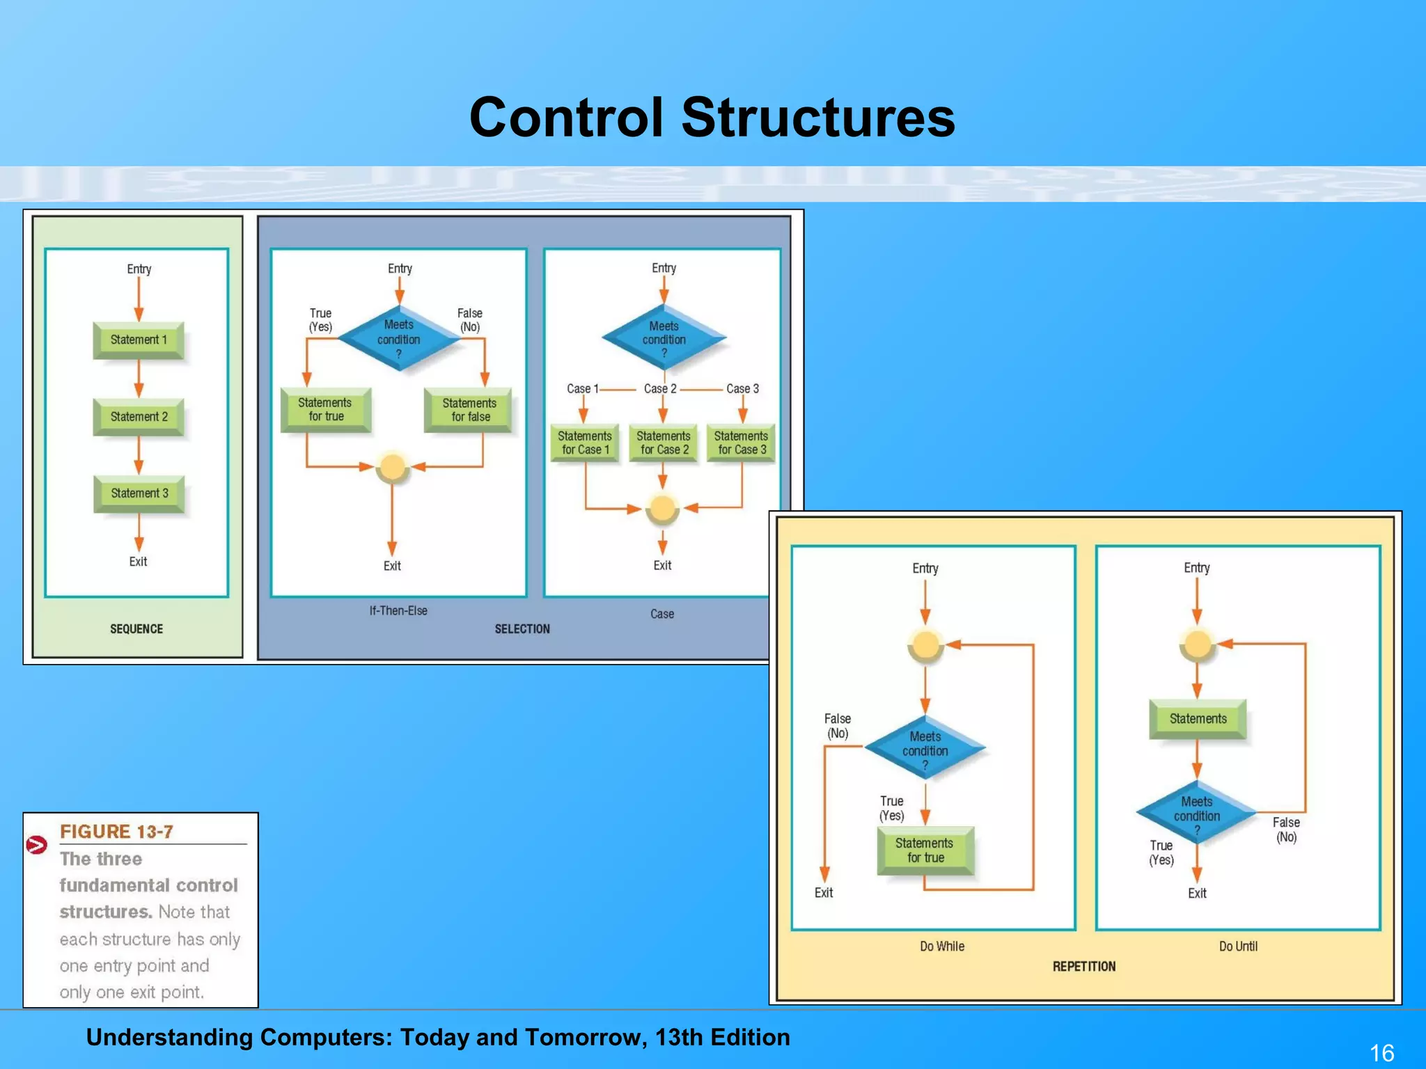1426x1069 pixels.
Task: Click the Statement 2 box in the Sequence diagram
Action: tap(139, 417)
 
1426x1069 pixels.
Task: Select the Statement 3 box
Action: tap(139, 493)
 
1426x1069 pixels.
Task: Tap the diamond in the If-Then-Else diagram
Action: tap(399, 339)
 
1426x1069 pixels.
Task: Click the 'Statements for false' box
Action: tap(469, 410)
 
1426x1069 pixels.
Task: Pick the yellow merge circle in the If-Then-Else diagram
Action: tap(392, 466)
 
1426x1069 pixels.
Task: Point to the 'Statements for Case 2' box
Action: tap(664, 443)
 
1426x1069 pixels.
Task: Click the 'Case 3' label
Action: tap(742, 388)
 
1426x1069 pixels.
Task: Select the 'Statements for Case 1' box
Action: tap(585, 443)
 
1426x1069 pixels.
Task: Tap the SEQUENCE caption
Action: tap(136, 629)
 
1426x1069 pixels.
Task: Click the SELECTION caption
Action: tap(522, 629)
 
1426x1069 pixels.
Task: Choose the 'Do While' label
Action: tap(942, 947)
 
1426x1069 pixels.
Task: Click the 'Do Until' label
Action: tap(1238, 947)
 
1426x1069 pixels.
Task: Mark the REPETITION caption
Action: tap(1084, 967)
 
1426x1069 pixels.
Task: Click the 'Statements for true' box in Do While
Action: tap(925, 850)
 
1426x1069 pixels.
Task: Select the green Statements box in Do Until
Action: tap(1198, 719)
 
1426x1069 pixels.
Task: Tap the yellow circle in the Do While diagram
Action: tap(925, 645)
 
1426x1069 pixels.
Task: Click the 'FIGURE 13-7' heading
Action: tap(116, 832)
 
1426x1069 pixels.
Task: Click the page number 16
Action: tap(1381, 1052)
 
